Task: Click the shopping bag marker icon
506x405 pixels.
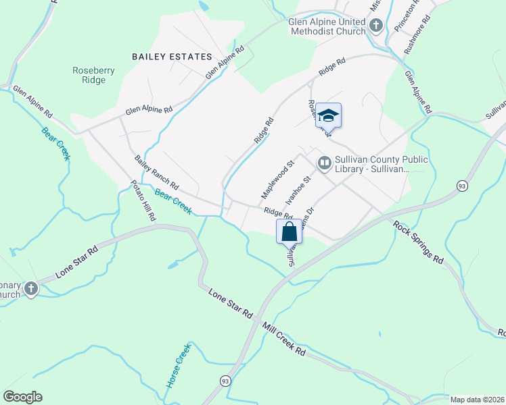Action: pos(289,231)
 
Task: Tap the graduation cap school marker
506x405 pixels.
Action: pos(328,115)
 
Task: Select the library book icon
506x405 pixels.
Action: pos(325,163)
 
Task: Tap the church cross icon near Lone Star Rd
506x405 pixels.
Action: pos(30,290)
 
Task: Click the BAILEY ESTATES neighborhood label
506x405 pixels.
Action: pos(172,57)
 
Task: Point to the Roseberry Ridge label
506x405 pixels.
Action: pos(89,74)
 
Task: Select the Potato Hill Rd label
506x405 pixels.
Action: pos(143,201)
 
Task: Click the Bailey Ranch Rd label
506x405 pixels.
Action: pos(156,173)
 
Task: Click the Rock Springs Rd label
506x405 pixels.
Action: pos(419,242)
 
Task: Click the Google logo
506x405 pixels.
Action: pos(22,397)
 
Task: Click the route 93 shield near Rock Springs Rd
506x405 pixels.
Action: pos(462,186)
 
